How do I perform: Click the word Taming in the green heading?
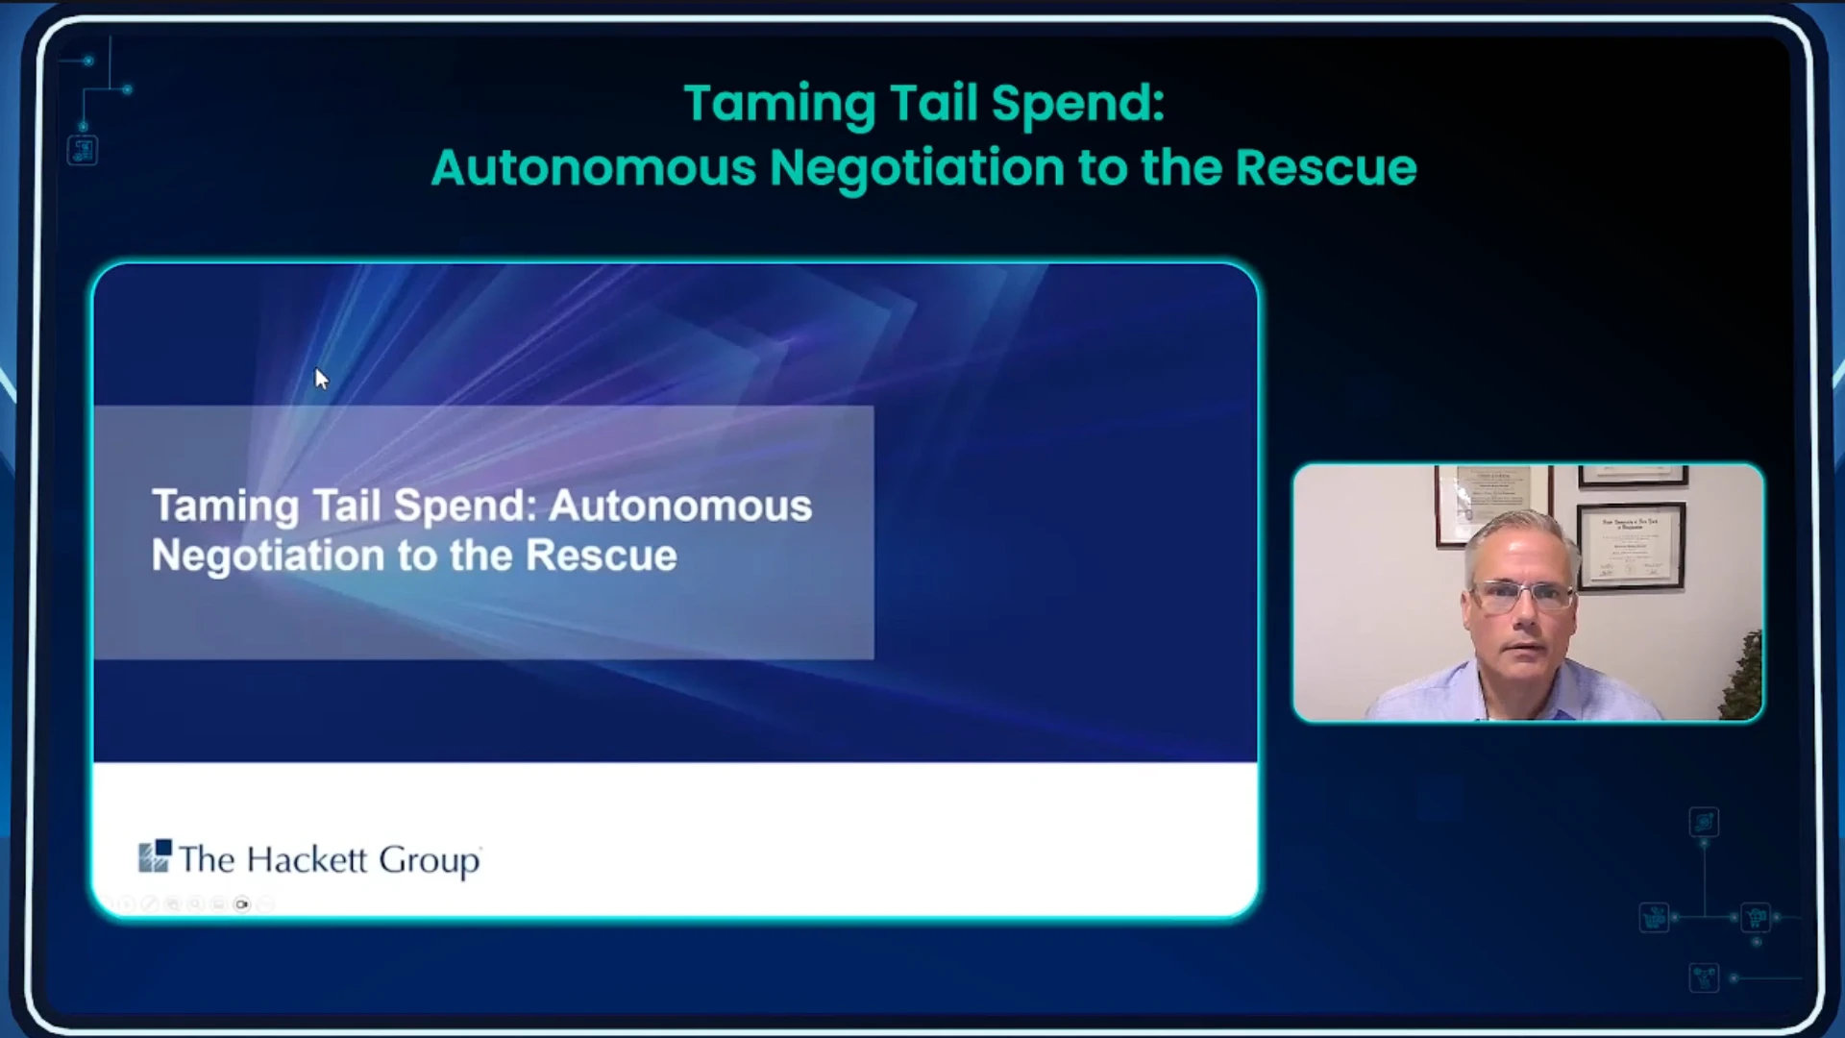(779, 105)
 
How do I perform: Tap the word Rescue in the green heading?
(1326, 167)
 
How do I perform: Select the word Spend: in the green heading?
(1078, 105)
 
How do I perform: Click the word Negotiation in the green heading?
(918, 168)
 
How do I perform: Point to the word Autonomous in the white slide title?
(680, 506)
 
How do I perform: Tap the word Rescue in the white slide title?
(602, 556)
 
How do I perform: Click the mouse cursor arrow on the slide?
(321, 379)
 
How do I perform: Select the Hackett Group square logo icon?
(155, 855)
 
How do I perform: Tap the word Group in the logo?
(430, 861)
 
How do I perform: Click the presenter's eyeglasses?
(1523, 596)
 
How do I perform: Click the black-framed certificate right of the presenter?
(1631, 545)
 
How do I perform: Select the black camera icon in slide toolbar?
(241, 904)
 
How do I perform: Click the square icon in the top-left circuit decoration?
(83, 150)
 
